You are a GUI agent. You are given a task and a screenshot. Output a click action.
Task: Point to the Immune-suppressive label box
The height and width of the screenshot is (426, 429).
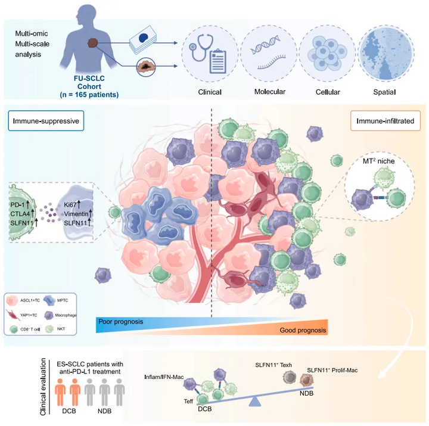[45, 122]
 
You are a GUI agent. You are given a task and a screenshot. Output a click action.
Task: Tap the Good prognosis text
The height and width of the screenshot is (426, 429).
[302, 331]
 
